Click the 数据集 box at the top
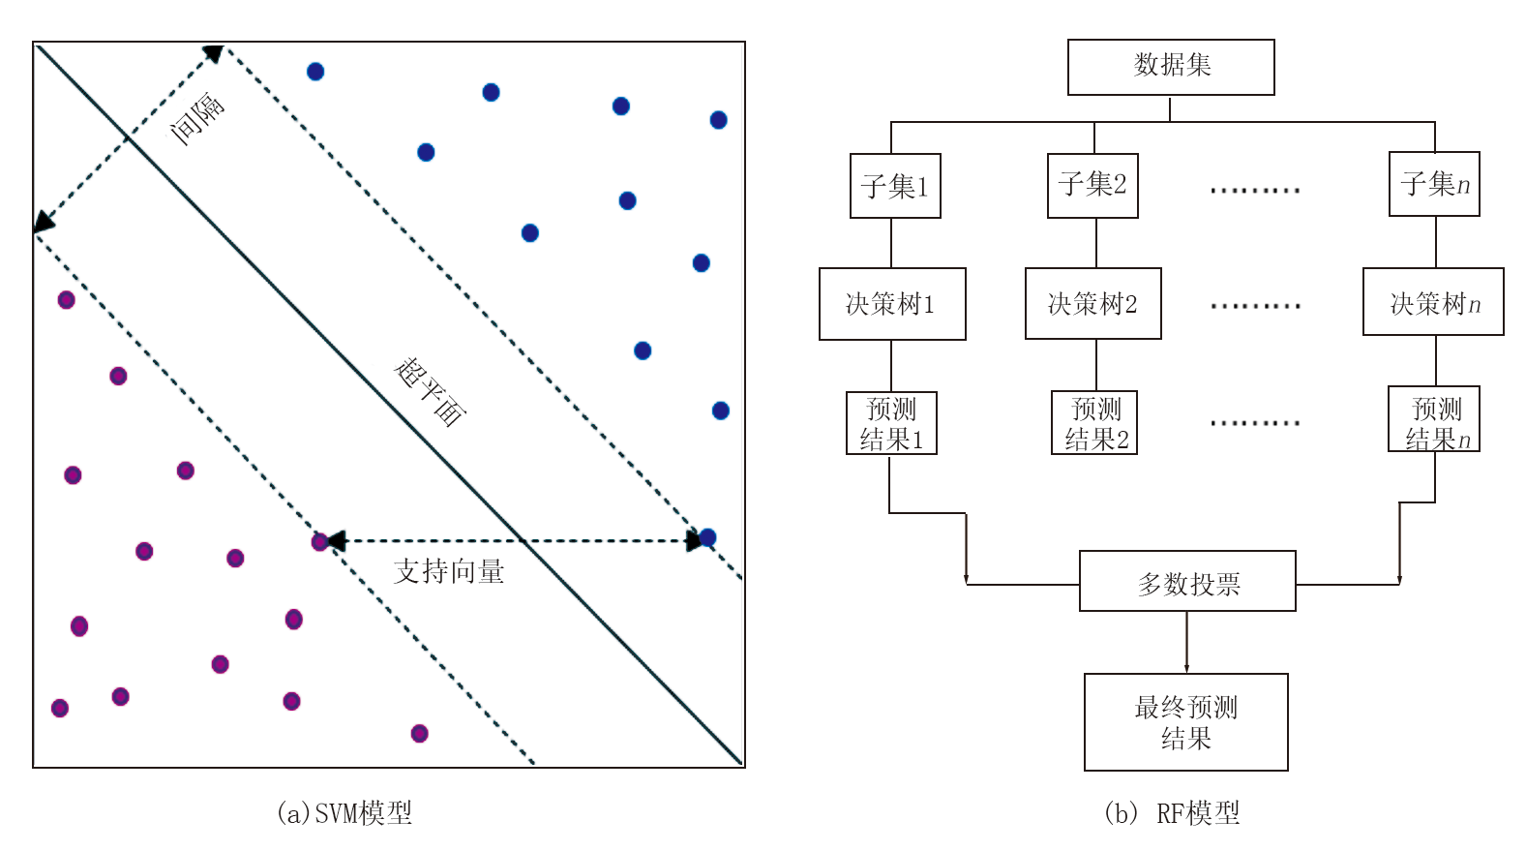point(1171,67)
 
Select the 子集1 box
point(895,186)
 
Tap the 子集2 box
point(1092,185)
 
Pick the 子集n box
point(1434,184)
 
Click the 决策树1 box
point(892,304)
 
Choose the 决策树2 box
point(1092,304)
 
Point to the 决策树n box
point(1433,303)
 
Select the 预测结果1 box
point(891,423)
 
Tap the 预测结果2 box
point(1094,423)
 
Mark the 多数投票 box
point(1187,582)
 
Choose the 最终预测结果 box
point(1185,722)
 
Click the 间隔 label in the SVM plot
point(197,118)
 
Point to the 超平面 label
point(431,391)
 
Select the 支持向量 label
point(449,571)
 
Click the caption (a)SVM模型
point(344,812)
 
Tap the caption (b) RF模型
point(1172,813)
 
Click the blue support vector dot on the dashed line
point(707,537)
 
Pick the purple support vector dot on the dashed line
point(320,542)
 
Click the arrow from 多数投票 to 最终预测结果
point(1186,643)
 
